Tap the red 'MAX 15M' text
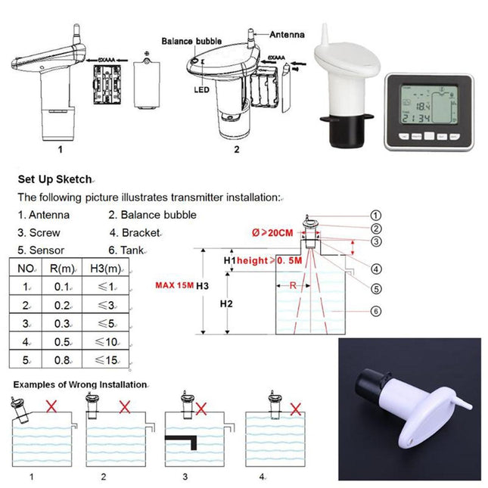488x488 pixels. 173,285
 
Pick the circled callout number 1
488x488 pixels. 376,216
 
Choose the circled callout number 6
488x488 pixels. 376,311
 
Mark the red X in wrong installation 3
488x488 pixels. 201,409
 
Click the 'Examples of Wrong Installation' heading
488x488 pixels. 79,384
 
